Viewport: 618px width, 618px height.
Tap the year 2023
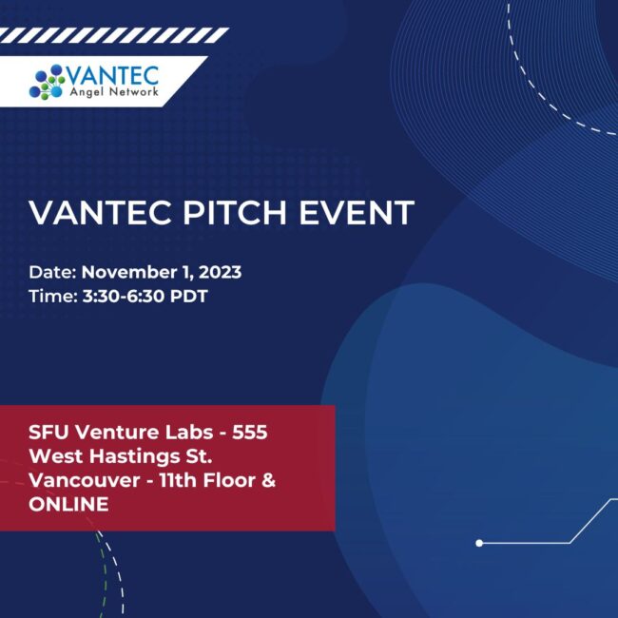click(x=218, y=272)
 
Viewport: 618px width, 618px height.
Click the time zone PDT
click(x=190, y=296)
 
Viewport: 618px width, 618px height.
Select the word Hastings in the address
click(x=128, y=456)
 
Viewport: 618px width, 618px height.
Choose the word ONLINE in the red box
click(x=68, y=504)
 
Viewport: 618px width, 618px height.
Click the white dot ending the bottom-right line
click(x=479, y=543)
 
